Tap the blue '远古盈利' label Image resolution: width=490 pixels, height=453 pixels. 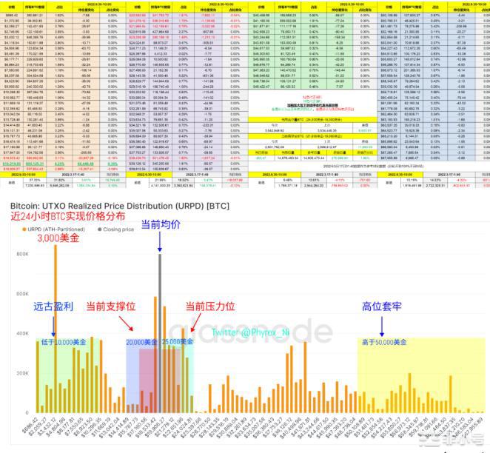click(53, 306)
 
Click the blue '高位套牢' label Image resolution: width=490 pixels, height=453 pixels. click(380, 306)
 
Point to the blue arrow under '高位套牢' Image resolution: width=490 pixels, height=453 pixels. click(380, 324)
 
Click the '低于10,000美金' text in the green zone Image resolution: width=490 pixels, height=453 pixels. click(60, 342)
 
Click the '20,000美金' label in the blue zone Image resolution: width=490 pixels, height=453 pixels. click(142, 342)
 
